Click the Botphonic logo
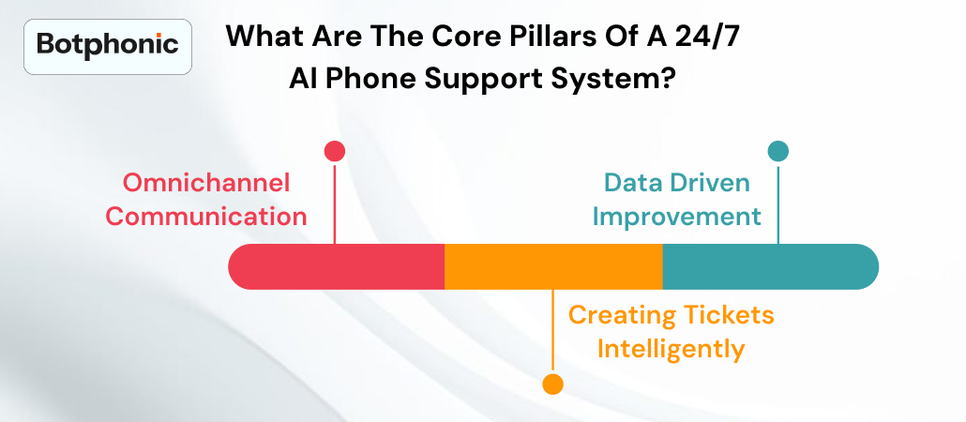click(x=107, y=43)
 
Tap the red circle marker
click(x=335, y=151)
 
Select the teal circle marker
click(x=777, y=151)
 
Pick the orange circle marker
click(x=553, y=384)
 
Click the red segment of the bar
click(x=338, y=266)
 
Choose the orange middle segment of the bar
click(x=553, y=266)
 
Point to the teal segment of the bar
click(x=769, y=266)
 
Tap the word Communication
click(x=206, y=216)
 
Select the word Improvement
click(x=676, y=216)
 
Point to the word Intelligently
click(x=671, y=350)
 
